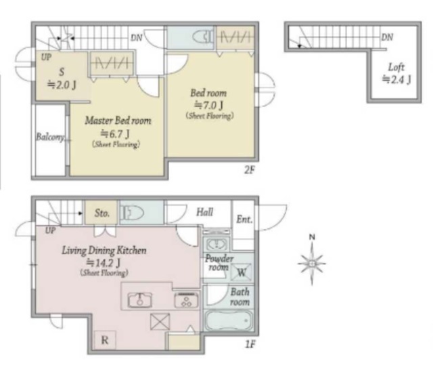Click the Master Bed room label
(x=118, y=121)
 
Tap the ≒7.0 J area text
(x=209, y=105)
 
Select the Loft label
(x=396, y=67)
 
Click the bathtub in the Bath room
(x=229, y=321)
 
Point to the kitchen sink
(x=140, y=299)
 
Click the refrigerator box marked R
(x=105, y=340)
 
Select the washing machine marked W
(x=242, y=272)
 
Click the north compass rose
(x=312, y=263)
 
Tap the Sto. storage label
(x=102, y=213)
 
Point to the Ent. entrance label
(x=244, y=220)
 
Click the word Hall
(x=204, y=212)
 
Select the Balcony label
(x=50, y=137)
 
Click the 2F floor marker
(x=249, y=170)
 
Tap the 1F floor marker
(x=250, y=344)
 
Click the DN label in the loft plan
(x=387, y=37)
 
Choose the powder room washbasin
(x=217, y=244)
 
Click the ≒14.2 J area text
(x=104, y=262)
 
